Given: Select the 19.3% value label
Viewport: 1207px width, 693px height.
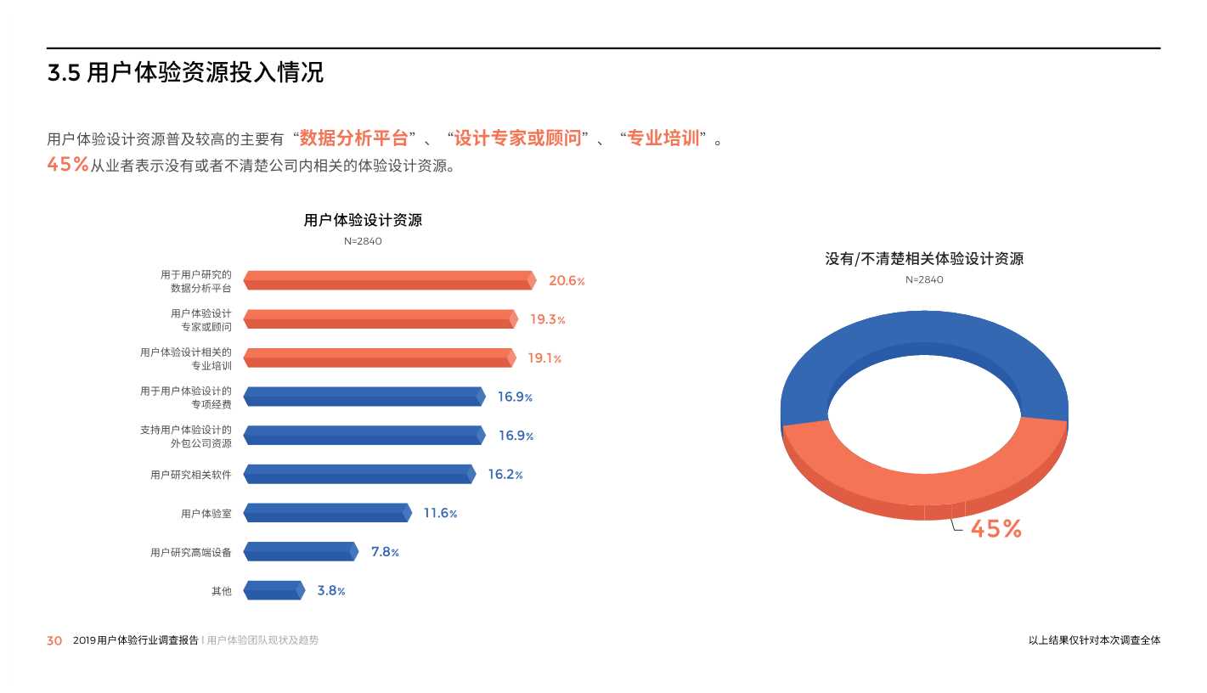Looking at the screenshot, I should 547,319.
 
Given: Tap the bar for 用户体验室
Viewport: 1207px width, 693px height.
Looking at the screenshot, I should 327,513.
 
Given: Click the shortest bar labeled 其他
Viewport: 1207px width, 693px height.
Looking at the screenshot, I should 274,590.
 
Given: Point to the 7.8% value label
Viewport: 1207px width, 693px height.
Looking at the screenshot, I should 385,552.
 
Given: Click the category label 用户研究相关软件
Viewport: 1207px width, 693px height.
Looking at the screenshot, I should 190,475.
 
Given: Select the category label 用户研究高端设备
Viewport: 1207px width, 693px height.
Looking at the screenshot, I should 190,553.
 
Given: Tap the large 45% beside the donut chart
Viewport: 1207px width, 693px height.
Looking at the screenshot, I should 995,529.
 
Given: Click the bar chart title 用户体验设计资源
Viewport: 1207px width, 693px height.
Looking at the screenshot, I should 363,221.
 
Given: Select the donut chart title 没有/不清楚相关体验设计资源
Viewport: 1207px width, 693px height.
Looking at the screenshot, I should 924,259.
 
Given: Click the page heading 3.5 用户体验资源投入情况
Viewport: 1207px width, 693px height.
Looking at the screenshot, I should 185,73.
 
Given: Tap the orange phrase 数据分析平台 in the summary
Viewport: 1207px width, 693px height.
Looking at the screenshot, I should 354,138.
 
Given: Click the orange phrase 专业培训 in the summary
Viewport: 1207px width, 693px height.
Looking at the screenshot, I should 663,138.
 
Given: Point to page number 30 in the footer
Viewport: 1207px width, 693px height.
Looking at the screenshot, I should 54,641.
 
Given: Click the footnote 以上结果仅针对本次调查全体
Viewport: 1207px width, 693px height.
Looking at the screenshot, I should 1094,641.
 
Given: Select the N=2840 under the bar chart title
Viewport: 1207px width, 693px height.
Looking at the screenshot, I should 363,241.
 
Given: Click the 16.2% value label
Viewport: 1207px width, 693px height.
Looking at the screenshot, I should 505,475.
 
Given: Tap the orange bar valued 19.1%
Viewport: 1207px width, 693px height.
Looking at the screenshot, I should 379,358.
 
